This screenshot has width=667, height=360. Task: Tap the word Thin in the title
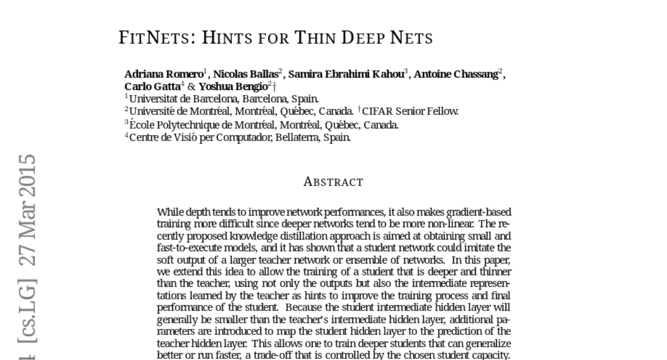[x=315, y=38]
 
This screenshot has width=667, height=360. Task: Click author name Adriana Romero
[x=163, y=74]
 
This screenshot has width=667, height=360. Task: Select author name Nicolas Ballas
[x=246, y=74]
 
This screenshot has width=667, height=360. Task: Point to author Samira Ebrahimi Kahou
[x=346, y=74]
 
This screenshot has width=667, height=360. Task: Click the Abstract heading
[x=333, y=182]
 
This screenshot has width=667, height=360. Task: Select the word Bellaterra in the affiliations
[x=298, y=137]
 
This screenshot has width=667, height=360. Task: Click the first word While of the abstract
[x=170, y=212]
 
